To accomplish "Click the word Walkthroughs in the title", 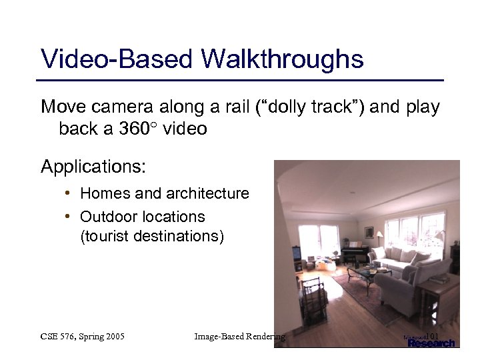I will (282, 59).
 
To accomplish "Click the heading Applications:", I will (93, 166).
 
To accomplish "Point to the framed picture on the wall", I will (369, 232).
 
